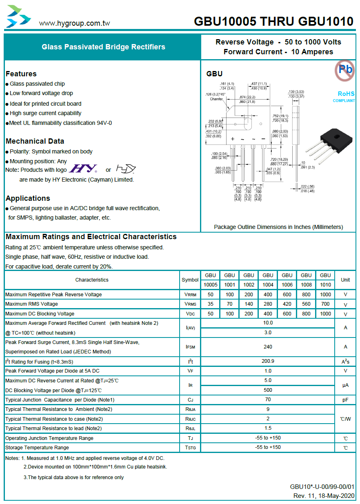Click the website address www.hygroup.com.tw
[74, 23]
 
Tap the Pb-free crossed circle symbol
[344, 71]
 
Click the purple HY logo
[83, 169]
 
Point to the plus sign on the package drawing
[233, 139]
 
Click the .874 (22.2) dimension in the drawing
[247, 97]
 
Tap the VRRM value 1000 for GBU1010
[325, 294]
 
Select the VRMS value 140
[249, 304]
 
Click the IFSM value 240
[268, 347]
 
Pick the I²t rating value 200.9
[268, 361]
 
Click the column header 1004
[268, 284]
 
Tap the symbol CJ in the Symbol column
[190, 400]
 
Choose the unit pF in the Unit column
[345, 400]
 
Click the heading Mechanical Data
[35, 141]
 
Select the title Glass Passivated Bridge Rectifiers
[104, 47]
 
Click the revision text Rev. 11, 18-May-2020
[324, 496]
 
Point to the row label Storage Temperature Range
[37, 448]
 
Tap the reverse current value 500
[268, 390]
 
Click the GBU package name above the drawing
[214, 74]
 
